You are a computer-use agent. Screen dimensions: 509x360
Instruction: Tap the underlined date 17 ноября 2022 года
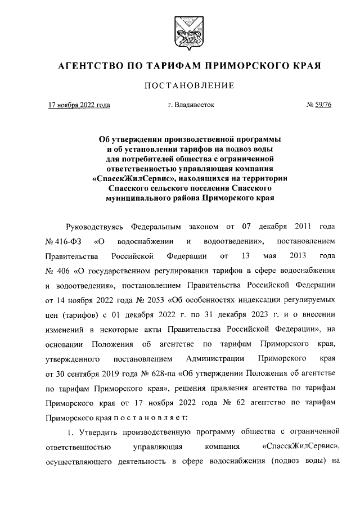79,105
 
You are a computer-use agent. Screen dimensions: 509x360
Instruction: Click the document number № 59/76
318,105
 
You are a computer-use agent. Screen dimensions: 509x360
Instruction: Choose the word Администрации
214,358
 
